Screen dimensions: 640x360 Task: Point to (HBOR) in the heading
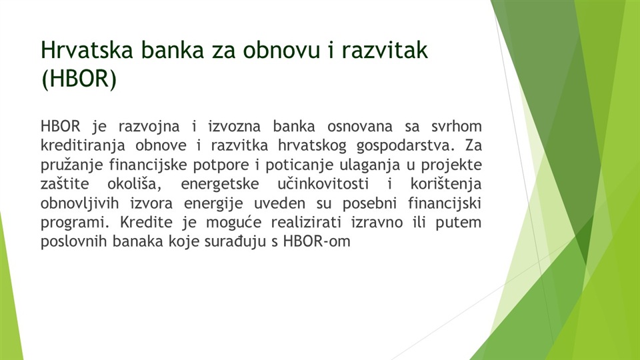point(79,78)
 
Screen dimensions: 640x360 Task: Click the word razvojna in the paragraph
point(149,127)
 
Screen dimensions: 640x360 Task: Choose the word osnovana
point(359,126)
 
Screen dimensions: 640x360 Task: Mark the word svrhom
point(456,126)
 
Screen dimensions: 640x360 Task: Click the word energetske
point(220,184)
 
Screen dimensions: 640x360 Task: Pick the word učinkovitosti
point(323,184)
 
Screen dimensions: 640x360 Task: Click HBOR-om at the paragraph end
point(317,241)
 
